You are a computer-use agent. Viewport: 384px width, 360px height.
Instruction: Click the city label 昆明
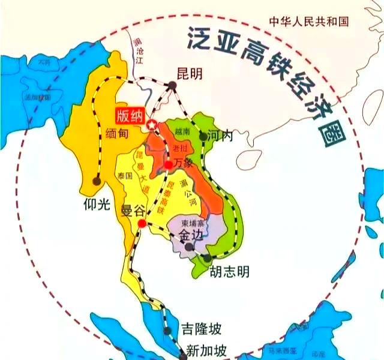point(190,73)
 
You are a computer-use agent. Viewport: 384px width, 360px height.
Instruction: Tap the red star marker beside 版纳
point(152,125)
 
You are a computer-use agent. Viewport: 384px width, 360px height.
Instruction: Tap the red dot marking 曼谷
point(142,224)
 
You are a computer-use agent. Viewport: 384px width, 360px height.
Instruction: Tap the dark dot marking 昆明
point(173,86)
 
